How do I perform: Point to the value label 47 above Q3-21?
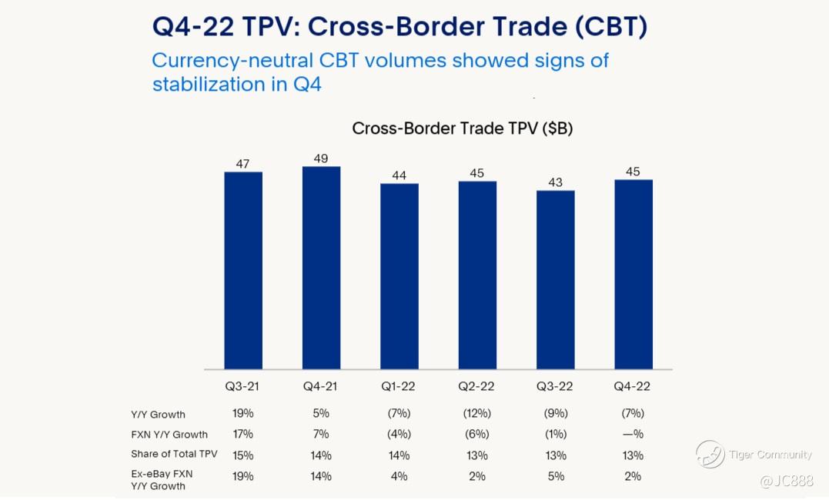tap(242, 164)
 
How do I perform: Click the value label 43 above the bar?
tap(555, 182)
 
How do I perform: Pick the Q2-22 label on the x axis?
tap(476, 385)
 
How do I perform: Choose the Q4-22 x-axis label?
tap(633, 385)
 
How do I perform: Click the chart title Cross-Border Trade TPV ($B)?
tap(462, 128)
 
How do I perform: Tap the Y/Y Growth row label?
tap(158, 415)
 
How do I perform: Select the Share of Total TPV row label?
tap(174, 454)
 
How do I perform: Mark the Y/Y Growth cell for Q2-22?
tap(476, 413)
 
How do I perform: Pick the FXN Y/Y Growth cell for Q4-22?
tap(633, 434)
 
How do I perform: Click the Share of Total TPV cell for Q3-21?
tap(242, 455)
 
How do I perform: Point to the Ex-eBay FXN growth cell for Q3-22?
tap(555, 476)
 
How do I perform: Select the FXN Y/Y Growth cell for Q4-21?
tap(321, 434)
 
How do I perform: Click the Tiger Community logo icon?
tap(710, 454)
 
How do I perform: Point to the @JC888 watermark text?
tap(786, 481)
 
